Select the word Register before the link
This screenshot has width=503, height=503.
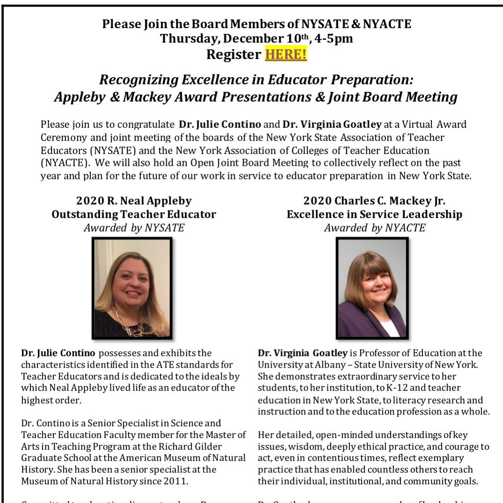233,55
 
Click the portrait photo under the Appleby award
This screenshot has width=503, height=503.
132,288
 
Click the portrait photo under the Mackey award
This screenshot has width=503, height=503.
372,288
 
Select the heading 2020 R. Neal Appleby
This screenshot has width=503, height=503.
134,201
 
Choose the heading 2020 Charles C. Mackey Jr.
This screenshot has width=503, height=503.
374,201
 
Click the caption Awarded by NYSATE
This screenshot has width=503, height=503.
134,228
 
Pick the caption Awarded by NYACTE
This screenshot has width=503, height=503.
374,228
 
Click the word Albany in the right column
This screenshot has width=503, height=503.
325,364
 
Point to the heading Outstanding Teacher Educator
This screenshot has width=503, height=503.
134,215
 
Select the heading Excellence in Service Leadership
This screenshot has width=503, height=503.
374,215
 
